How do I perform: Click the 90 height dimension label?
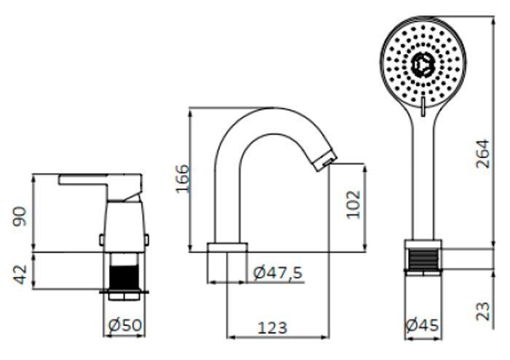pyautogui.click(x=20, y=216)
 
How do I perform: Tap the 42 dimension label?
pyautogui.click(x=20, y=275)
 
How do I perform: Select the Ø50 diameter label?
pyautogui.click(x=125, y=325)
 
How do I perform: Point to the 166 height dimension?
pyautogui.click(x=182, y=179)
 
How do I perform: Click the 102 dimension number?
pyautogui.click(x=353, y=205)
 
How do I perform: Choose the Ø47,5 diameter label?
pyautogui.click(x=278, y=273)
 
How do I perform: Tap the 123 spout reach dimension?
pyautogui.click(x=272, y=328)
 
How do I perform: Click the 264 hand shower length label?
pyautogui.click(x=482, y=154)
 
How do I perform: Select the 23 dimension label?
pyautogui.click(x=482, y=311)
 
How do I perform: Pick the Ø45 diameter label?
pyautogui.click(x=423, y=325)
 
